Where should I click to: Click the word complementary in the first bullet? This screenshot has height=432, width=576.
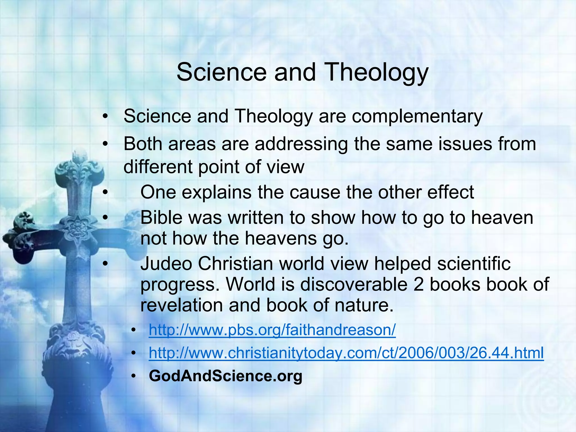click(417, 116)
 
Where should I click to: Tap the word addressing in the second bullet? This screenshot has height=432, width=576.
click(301, 144)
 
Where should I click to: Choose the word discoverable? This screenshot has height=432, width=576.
click(354, 284)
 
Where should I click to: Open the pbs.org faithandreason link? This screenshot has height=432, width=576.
click(272, 330)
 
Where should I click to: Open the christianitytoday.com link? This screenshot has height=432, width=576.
click(346, 353)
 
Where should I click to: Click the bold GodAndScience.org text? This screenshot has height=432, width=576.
click(226, 376)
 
